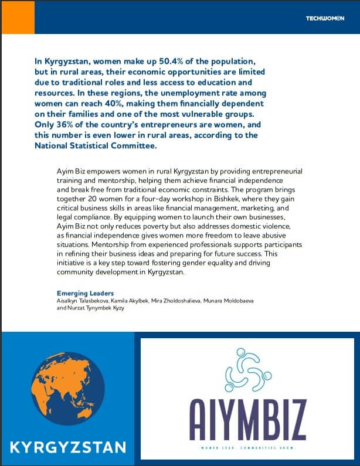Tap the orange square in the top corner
(18, 16)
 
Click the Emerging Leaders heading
(85, 292)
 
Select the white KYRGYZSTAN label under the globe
(67, 448)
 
